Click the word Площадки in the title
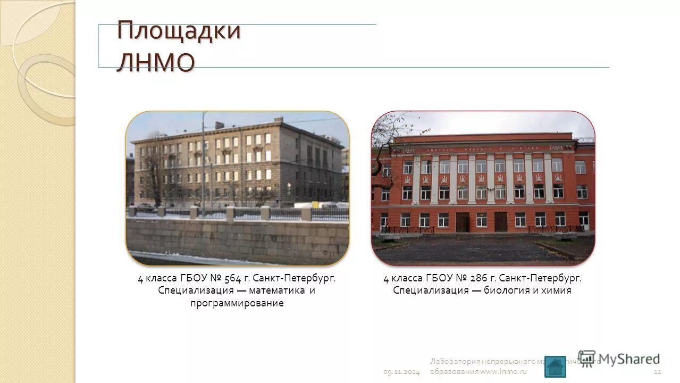tap(179, 30)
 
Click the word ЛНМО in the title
tap(156, 62)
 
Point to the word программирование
tap(237, 303)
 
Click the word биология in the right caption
tap(507, 290)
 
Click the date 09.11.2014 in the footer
tap(401, 372)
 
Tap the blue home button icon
tap(555, 367)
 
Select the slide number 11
tap(657, 372)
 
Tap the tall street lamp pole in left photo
tap(203, 165)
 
